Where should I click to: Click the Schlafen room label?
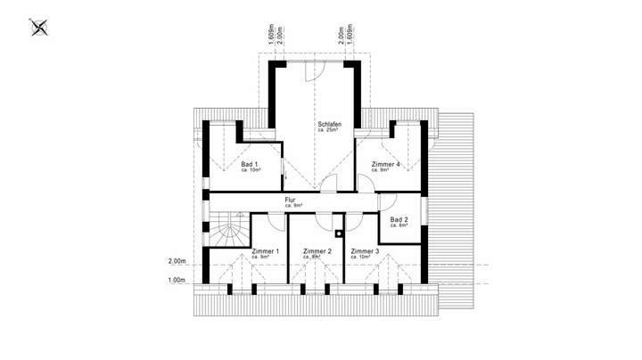point(329,124)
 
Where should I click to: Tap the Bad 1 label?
point(250,164)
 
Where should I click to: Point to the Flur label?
point(290,200)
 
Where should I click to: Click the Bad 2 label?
point(399,219)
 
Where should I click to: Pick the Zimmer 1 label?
point(266,251)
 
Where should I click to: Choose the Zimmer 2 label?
point(317,251)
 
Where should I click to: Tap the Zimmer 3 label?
point(366,251)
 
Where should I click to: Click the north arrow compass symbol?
point(38,29)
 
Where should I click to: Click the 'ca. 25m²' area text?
point(328,131)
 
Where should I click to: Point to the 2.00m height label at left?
point(177,262)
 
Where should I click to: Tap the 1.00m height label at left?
point(177,281)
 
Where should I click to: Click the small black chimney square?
point(339,233)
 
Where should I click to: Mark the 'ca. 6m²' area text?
point(398,225)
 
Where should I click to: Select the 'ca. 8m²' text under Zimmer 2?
point(317,258)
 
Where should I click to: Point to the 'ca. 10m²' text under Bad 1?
point(251,170)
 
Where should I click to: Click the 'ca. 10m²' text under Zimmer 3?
point(364,258)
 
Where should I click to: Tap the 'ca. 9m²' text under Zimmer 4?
point(384,170)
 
